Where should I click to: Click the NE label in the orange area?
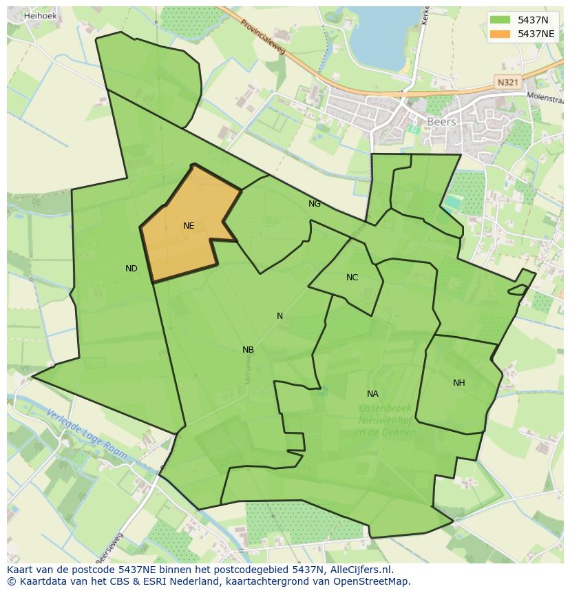(189, 226)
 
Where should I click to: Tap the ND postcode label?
(131, 269)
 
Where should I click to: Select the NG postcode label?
(315, 204)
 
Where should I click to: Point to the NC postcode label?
(352, 278)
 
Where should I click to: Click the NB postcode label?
(248, 350)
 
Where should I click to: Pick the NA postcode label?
(372, 394)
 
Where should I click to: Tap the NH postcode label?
(458, 383)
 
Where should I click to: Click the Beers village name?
(441, 122)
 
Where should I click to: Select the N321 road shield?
(507, 82)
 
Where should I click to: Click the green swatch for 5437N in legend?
(500, 19)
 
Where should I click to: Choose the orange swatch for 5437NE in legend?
(500, 34)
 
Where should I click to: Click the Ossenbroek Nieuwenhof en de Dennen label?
(386, 420)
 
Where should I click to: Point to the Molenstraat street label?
(545, 97)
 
